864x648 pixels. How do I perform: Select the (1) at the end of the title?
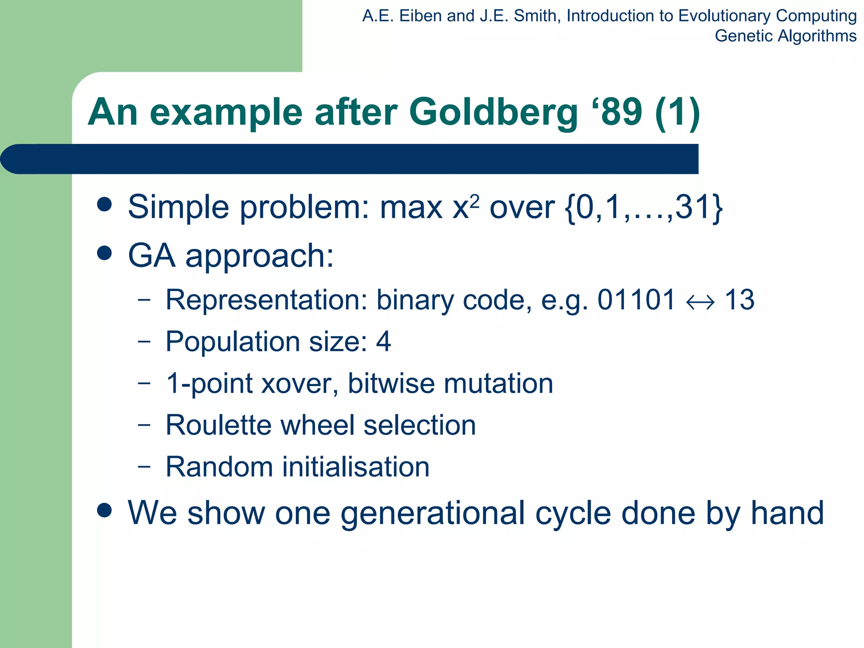(x=678, y=113)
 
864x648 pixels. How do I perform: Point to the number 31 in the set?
(x=691, y=207)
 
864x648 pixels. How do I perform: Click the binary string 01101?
(x=636, y=300)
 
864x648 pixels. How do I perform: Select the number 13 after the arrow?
(x=739, y=300)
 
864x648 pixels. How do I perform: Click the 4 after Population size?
(x=383, y=341)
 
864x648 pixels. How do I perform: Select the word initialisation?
(x=355, y=467)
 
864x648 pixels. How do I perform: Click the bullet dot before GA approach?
(x=104, y=253)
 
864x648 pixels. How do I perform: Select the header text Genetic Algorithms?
(x=785, y=36)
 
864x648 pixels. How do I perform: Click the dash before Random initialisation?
(x=144, y=467)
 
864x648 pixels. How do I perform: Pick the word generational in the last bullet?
(x=432, y=513)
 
